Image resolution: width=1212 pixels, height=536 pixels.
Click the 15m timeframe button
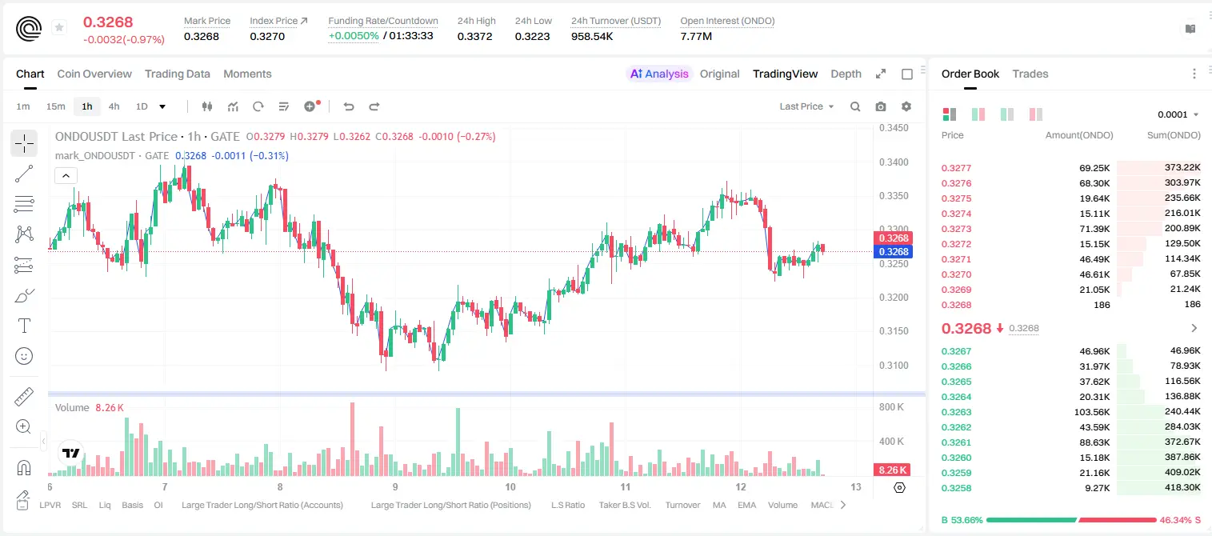click(x=55, y=106)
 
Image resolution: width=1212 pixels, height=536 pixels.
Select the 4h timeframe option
click(x=114, y=106)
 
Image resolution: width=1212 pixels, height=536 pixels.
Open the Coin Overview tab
click(x=94, y=74)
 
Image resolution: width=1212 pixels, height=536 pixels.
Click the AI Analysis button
click(x=659, y=74)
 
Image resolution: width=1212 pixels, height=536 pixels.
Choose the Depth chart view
click(x=846, y=74)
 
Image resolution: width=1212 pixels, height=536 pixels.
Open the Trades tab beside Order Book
click(x=1030, y=74)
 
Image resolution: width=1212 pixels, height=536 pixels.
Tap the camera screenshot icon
click(x=881, y=106)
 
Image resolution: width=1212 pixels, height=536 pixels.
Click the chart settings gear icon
click(x=906, y=106)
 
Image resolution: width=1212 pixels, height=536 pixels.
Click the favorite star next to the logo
click(x=59, y=27)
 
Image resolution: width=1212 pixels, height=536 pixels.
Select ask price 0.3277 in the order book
click(x=956, y=168)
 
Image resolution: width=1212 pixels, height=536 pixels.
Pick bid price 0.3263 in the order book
click(x=956, y=412)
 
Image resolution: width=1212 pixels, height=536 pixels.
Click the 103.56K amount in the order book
click(x=1092, y=412)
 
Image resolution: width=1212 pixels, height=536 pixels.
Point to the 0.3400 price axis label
click(x=894, y=162)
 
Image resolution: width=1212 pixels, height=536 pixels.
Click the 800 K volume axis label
click(x=892, y=406)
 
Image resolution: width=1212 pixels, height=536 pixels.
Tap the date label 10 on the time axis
click(x=510, y=486)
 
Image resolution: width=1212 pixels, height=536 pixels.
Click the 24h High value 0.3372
click(x=474, y=36)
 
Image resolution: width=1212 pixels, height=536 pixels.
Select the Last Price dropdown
click(x=806, y=106)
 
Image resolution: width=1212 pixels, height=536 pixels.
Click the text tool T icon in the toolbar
click(x=24, y=326)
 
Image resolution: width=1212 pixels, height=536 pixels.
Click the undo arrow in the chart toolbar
click(x=349, y=106)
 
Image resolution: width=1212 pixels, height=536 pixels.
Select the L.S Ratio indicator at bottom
click(x=567, y=505)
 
